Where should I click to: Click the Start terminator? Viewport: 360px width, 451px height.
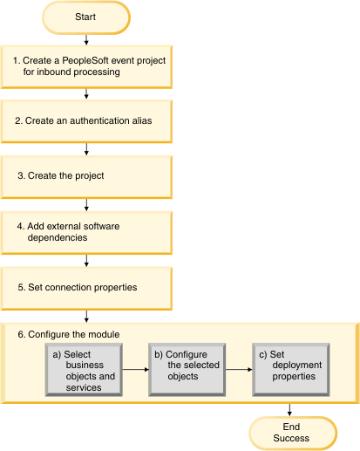pos(86,17)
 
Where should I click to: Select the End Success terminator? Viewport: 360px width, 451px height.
pos(293,433)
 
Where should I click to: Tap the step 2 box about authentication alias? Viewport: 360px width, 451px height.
pos(86,121)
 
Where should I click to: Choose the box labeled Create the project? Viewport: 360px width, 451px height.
pos(86,177)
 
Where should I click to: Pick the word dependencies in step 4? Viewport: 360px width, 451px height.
pos(58,238)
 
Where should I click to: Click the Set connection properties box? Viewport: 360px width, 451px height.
pos(86,289)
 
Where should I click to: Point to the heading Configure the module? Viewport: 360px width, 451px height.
pos(69,334)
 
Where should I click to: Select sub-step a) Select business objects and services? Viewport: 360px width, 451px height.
pos(84,370)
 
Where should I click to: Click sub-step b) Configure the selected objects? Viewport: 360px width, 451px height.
pos(187,370)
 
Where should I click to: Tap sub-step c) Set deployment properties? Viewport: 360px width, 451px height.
pos(291,370)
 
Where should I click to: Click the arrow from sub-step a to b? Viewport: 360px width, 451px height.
pos(135,370)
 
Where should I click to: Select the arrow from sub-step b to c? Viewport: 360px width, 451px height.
pos(239,370)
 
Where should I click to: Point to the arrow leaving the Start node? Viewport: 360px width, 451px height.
pos(86,40)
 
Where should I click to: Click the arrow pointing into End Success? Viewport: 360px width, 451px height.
pos(289,410)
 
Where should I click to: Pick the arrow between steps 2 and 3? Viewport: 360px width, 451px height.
pos(86,149)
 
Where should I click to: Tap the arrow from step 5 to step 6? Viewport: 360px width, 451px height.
pos(86,317)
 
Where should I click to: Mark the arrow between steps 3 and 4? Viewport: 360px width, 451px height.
pos(86,205)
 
